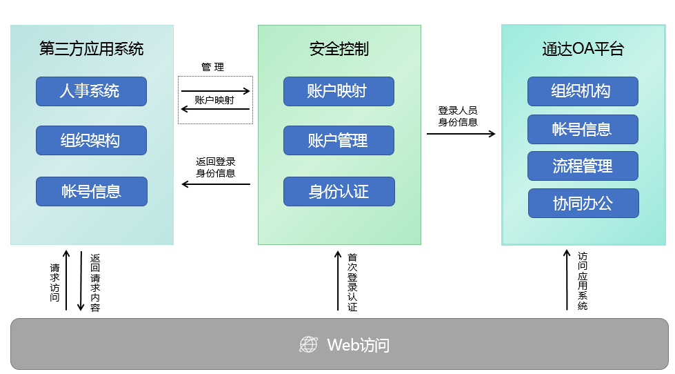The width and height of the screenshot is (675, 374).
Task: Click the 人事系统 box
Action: (91, 91)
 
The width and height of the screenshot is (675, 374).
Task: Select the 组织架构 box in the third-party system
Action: (91, 141)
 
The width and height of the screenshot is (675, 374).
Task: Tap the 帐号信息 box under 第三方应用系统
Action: (91, 191)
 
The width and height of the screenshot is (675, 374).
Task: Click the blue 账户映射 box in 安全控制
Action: (339, 91)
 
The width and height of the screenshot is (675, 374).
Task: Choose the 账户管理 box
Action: (339, 141)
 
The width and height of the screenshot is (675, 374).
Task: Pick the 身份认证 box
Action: (339, 191)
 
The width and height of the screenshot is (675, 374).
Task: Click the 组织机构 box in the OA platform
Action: (583, 91)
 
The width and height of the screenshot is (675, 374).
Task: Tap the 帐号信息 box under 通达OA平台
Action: (583, 129)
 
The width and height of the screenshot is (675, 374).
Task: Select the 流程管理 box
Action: (583, 166)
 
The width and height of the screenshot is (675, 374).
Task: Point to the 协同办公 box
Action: (583, 203)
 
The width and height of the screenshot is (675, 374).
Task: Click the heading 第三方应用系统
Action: (92, 49)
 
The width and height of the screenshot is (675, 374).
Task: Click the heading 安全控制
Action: (339, 49)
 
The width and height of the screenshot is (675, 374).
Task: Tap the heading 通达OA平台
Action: (583, 49)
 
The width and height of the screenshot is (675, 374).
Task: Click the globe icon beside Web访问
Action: (308, 344)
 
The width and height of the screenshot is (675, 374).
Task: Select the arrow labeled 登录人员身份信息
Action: (461, 133)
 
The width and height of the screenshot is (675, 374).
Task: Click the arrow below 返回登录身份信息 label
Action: (216, 184)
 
